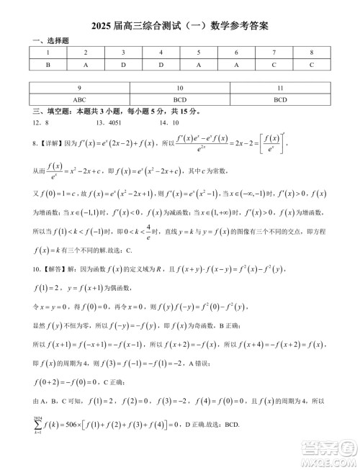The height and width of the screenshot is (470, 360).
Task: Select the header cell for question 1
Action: click(48, 53)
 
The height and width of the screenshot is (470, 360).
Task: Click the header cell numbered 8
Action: click(311, 53)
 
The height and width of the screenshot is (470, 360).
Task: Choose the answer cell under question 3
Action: click(123, 64)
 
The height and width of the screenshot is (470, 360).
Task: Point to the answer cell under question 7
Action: click(274, 64)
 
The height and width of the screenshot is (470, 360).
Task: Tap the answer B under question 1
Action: click(48, 64)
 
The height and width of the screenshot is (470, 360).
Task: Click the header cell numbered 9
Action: click(79, 88)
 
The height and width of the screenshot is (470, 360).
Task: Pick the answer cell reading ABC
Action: click(79, 99)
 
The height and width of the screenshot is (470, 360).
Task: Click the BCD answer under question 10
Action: click(180, 99)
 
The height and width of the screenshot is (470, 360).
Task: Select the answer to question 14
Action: click(175, 122)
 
